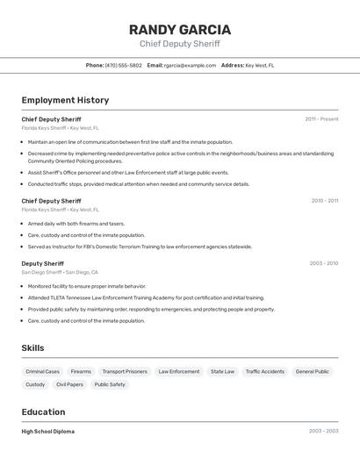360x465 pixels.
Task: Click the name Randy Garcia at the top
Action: coord(180,30)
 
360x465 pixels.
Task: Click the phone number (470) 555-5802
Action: coord(123,65)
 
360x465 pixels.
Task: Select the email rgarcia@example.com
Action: coord(191,65)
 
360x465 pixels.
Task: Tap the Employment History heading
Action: coord(65,100)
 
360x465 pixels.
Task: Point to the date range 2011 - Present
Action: coord(321,118)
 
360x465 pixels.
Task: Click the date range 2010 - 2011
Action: coord(324,201)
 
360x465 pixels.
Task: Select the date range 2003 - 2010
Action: coord(323,263)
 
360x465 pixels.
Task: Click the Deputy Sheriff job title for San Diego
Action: coord(42,263)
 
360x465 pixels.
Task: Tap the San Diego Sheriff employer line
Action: coord(61,272)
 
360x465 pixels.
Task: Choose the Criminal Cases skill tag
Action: coord(43,371)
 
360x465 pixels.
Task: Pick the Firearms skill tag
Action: coord(81,371)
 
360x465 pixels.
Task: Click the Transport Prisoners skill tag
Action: coord(125,371)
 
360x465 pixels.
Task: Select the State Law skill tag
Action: coord(222,371)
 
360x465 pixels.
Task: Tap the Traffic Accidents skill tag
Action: coord(264,371)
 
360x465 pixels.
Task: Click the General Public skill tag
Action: coord(313,371)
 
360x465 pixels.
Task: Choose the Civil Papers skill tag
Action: coord(69,384)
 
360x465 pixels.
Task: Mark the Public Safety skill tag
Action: coord(110,384)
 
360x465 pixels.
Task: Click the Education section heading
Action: coord(43,412)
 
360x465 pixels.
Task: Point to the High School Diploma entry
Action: coord(48,432)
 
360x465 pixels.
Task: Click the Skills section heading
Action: coord(32,348)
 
